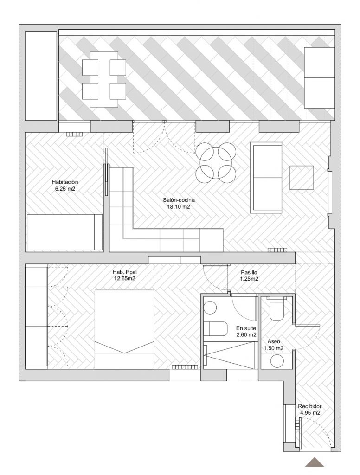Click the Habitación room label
65,182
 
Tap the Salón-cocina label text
179,200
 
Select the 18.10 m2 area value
179,207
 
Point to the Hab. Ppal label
124,272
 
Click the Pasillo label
249,272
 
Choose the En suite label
246,328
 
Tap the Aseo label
273,341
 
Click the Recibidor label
310,406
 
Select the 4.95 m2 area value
310,412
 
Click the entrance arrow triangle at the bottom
314,462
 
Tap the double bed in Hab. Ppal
124,329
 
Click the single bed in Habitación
65,232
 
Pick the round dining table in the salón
216,163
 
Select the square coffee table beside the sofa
302,178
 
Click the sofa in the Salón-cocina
266,178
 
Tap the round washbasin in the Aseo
277,361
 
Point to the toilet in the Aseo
276,308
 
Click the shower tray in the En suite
229,355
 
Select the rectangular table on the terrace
104,79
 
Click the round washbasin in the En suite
210,308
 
